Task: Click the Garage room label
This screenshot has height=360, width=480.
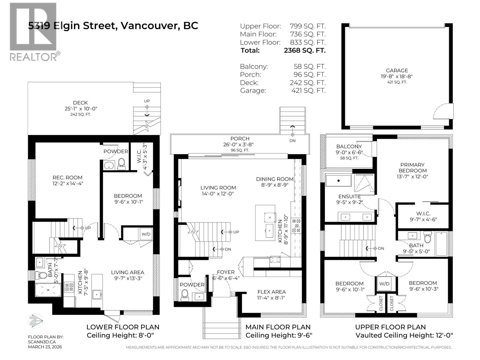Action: coord(397,71)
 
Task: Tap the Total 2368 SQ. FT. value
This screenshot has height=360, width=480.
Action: coord(304,50)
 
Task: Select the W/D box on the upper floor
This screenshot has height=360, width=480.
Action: coord(384,284)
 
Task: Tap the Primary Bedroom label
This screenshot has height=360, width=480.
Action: coord(412,168)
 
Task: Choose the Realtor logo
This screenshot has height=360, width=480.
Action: coord(34,31)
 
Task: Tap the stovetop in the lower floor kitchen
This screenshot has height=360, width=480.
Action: coord(69,287)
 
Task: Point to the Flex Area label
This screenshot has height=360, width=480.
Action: coord(271,292)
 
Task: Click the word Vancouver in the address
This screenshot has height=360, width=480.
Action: coord(148,26)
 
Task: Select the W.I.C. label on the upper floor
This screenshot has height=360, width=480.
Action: coord(423,214)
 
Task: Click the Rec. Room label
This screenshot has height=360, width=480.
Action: coord(67,178)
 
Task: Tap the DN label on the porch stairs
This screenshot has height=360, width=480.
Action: coord(292,140)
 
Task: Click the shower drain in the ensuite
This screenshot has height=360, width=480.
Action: coord(338,181)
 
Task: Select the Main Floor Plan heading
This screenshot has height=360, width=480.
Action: coord(278,327)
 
